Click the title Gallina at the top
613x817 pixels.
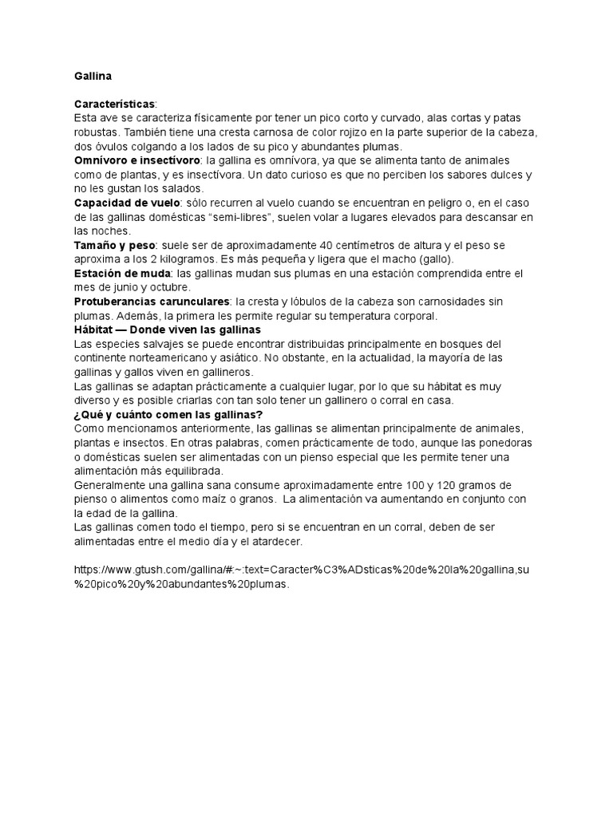93,77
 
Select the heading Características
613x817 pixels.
116,105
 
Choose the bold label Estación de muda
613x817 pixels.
121,273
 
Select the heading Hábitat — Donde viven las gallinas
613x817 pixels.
167,329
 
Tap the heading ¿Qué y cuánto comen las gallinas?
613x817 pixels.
168,414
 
